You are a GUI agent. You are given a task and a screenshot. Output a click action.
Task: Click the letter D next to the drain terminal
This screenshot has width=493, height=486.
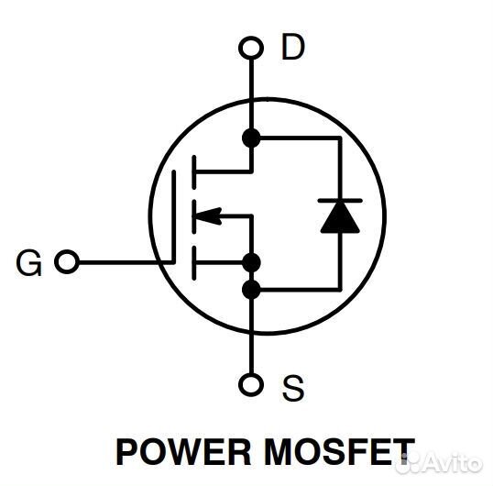pyautogui.click(x=291, y=48)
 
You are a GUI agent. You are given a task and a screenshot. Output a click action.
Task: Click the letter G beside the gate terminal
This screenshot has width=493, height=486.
pyautogui.click(x=29, y=263)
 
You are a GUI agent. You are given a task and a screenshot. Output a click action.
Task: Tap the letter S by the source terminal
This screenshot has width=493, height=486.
pyautogui.click(x=292, y=389)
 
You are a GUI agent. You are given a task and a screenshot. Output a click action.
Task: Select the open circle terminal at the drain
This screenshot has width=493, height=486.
pyautogui.click(x=250, y=47)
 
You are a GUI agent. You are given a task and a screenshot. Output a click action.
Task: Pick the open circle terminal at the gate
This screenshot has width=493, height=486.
pyautogui.click(x=66, y=263)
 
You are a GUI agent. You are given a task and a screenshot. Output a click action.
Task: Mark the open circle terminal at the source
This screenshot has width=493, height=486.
pyautogui.click(x=250, y=386)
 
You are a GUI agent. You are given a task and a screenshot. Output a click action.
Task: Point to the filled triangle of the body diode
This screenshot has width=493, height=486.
pyautogui.click(x=340, y=217)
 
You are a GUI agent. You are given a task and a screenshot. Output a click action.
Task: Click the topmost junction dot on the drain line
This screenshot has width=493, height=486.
pyautogui.click(x=250, y=138)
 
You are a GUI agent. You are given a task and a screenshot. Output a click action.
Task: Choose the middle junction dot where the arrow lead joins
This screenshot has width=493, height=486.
pyautogui.click(x=250, y=263)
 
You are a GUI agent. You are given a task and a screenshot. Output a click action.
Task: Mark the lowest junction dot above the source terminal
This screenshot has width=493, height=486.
pyautogui.click(x=250, y=291)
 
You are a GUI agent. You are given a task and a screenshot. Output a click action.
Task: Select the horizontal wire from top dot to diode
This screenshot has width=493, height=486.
pyautogui.click(x=298, y=138)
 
